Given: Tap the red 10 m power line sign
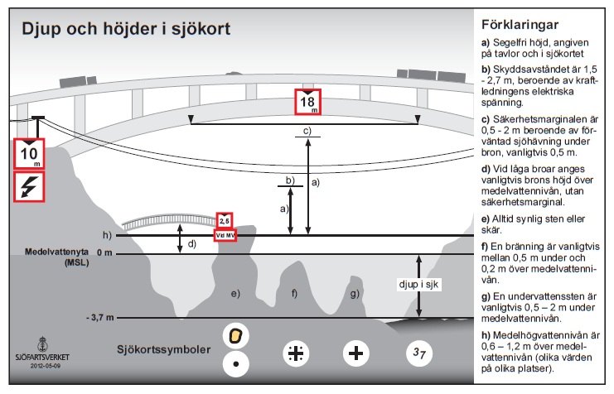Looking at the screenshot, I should pos(30,153).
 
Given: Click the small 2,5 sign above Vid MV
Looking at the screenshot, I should pos(225,221).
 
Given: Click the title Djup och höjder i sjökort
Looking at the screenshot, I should pos(126,29).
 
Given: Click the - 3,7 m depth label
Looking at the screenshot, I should pos(99,318).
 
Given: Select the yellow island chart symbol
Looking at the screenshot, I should pos(236,335).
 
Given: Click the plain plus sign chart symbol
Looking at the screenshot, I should pos(356,353).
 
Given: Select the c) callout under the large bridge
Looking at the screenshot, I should pos(307,132).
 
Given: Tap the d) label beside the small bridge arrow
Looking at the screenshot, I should pos(191,243).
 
